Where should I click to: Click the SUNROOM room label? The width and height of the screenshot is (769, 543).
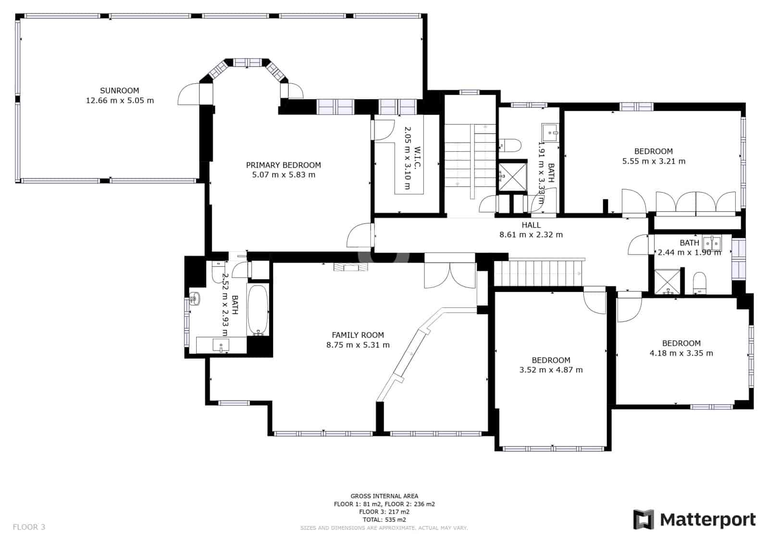click(119, 90)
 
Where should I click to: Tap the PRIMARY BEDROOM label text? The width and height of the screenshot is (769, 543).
click(284, 165)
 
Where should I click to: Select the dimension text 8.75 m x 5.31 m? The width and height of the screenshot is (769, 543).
click(358, 345)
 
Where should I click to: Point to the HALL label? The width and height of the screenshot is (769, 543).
click(531, 225)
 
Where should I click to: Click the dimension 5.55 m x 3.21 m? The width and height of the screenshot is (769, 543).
click(653, 161)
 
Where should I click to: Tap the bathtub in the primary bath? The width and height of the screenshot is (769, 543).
click(258, 310)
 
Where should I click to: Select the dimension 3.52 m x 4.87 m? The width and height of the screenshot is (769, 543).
click(551, 370)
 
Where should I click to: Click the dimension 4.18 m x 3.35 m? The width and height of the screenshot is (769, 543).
click(681, 353)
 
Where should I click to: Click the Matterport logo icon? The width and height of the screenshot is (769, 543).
click(644, 519)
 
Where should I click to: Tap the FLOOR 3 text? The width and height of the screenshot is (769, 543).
click(29, 527)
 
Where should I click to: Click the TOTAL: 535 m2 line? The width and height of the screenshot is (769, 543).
click(384, 519)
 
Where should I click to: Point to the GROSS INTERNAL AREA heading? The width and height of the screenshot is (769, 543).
click(384, 496)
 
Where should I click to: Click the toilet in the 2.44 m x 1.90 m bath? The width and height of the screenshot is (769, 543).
click(699, 283)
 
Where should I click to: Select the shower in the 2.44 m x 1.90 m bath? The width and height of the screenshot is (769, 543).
click(668, 282)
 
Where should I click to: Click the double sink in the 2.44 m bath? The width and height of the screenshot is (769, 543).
click(712, 241)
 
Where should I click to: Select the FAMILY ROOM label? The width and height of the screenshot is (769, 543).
click(358, 335)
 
